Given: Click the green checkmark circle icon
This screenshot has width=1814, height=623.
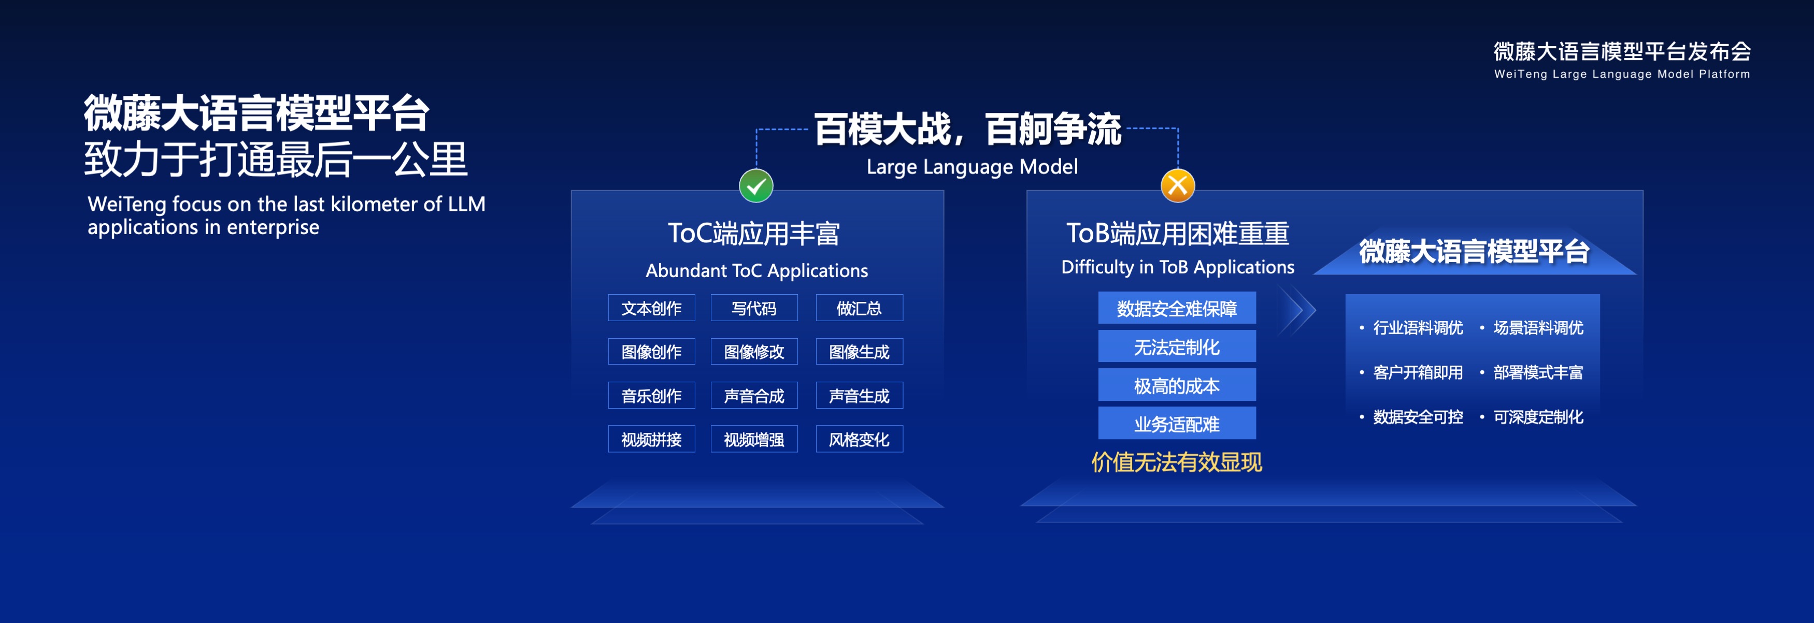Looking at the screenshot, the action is [x=755, y=186].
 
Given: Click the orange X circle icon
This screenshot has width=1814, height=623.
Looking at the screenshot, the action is [x=1177, y=186].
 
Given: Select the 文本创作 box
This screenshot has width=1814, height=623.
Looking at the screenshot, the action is [x=651, y=308].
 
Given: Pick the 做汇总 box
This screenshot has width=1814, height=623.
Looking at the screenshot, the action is [x=859, y=308].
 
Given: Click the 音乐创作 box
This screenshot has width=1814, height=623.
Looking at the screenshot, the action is [x=651, y=396].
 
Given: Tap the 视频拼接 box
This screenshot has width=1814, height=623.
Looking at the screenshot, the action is [x=651, y=439].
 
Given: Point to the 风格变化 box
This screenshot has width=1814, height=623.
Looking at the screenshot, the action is [x=859, y=439].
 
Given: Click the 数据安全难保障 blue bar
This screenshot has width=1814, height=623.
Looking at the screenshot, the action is [x=1177, y=308].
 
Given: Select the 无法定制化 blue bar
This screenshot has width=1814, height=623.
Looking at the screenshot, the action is [x=1177, y=346].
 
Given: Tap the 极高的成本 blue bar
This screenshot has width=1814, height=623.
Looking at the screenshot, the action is [x=1177, y=385].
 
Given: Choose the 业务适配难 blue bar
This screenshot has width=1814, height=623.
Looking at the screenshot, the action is [x=1177, y=423].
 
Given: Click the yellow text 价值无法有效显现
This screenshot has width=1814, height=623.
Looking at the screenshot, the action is [x=1177, y=462].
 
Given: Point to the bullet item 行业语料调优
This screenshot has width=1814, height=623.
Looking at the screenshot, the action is [x=1411, y=327].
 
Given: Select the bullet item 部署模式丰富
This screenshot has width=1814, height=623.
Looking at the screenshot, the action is [x=1532, y=372].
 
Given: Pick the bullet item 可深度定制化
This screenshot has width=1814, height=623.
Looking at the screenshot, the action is [x=1532, y=417].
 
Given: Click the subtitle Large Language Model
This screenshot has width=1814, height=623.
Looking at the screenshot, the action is [x=972, y=167].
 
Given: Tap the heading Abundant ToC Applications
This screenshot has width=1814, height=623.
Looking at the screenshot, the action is [x=757, y=270].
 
